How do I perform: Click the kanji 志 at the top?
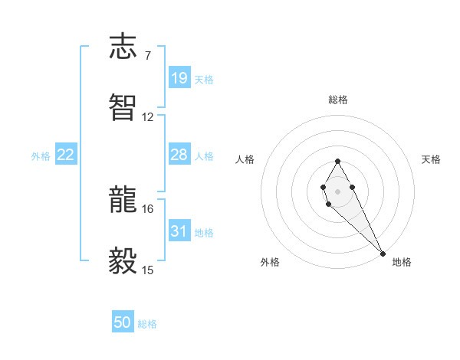pos(124,47)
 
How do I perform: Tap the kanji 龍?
pos(124,201)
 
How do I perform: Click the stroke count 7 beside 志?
pos(147,56)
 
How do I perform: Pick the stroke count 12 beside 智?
pos(148,116)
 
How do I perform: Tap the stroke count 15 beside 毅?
pos(148,270)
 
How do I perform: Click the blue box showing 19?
pos(179,78)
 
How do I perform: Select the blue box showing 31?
pos(179,231)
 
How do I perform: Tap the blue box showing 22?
pos(66,155)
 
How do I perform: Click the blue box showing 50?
pos(123,323)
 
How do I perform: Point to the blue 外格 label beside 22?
pos(41,156)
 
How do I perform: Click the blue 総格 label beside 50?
pos(147,324)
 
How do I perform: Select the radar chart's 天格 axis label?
pos(431,159)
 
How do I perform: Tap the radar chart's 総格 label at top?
pos(338,100)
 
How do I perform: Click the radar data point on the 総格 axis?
pos(337,161)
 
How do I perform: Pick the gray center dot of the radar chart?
pos(337,190)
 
